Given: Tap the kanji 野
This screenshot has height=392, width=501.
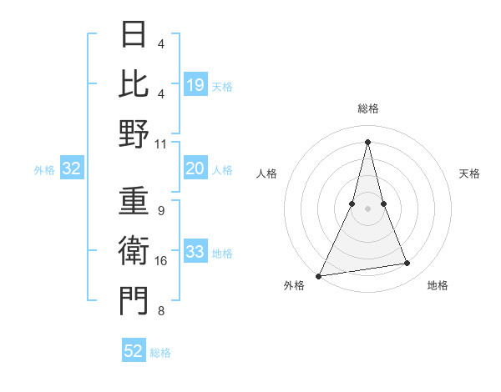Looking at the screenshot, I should [134, 133].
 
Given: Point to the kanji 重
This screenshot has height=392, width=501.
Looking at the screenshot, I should [134, 201].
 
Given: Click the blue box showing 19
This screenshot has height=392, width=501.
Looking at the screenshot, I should [195, 84].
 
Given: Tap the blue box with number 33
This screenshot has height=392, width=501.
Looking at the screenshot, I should [195, 252].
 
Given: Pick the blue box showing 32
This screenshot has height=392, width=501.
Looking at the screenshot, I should [72, 169].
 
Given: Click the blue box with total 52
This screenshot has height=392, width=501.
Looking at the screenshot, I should [134, 351].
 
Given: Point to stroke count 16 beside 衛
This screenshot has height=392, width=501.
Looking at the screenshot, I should [161, 261].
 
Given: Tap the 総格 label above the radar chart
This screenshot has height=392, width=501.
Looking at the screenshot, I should [367, 109].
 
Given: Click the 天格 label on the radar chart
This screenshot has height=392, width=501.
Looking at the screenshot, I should [470, 173].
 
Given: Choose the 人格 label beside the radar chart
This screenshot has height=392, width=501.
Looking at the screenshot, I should [266, 173].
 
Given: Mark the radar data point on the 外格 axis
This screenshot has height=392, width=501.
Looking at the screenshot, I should [319, 275].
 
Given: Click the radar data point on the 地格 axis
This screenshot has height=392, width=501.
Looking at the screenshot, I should [407, 264].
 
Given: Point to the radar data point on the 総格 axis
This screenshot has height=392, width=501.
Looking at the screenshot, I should [367, 141].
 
